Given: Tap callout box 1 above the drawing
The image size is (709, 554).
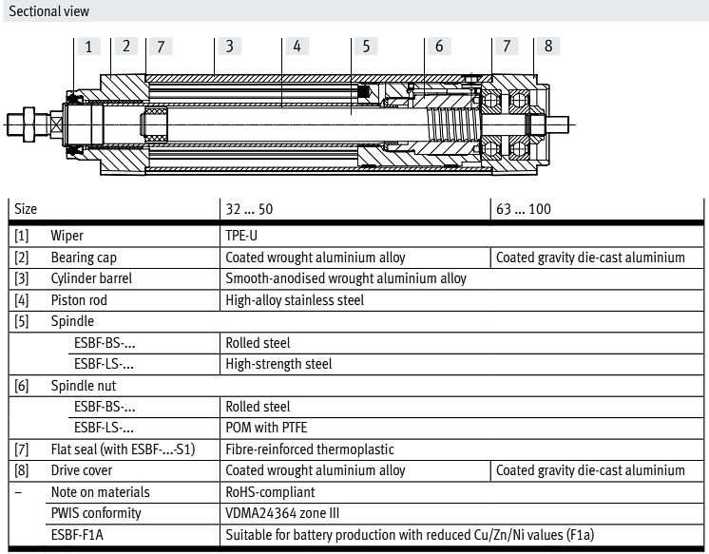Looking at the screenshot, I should (88, 46).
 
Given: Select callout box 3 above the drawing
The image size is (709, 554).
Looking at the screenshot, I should (229, 46).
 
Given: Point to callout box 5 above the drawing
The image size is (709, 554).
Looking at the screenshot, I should (365, 46).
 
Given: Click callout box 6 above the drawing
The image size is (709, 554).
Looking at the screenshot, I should (438, 46).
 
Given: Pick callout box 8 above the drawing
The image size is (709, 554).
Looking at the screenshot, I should (547, 46).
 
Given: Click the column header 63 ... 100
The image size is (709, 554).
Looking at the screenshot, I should (523, 209).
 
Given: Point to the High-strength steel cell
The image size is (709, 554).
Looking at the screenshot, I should (278, 364).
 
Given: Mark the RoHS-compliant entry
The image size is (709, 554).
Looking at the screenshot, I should (270, 492).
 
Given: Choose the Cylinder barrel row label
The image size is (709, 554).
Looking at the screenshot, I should (91, 278).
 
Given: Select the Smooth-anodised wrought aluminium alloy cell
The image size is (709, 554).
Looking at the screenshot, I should (346, 278).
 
